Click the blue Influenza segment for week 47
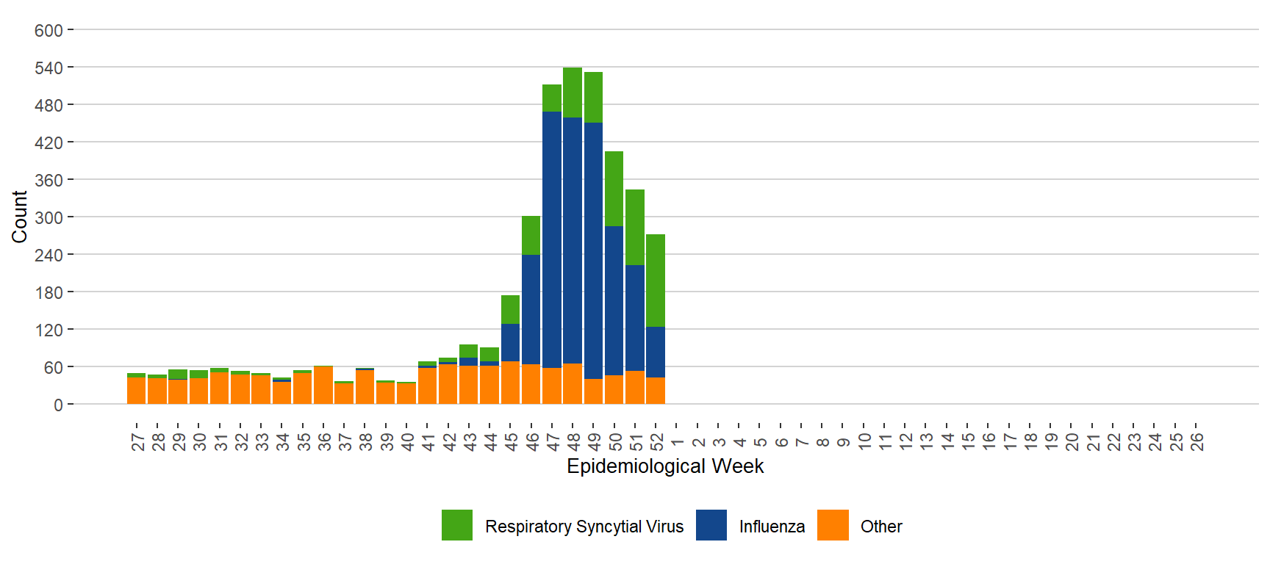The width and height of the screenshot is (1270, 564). click(x=552, y=239)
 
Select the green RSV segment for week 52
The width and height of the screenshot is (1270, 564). click(x=656, y=281)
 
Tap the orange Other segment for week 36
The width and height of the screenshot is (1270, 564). click(x=323, y=386)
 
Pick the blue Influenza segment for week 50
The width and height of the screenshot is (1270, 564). click(x=614, y=300)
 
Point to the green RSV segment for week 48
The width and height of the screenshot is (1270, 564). click(x=573, y=93)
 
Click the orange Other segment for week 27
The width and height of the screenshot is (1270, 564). click(x=136, y=391)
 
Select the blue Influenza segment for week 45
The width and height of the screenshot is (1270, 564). click(x=510, y=342)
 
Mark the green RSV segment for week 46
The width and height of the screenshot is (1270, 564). click(x=531, y=236)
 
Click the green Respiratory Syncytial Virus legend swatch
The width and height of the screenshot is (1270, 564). click(x=457, y=526)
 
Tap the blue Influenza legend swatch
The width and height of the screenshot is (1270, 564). click(x=711, y=526)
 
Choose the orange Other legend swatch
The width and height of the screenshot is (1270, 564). click(x=833, y=526)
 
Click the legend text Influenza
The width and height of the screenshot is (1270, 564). click(x=772, y=527)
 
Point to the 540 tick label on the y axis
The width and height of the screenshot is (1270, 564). click(x=49, y=68)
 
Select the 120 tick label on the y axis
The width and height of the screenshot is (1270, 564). click(x=49, y=330)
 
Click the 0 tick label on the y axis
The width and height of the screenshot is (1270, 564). click(x=58, y=405)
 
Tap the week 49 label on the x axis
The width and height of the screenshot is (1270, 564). click(x=595, y=441)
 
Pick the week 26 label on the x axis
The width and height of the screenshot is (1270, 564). click(x=1197, y=441)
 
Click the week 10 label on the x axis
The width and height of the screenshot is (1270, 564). click(x=864, y=441)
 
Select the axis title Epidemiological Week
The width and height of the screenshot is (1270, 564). click(x=665, y=466)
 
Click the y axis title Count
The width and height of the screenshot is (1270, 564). click(x=19, y=217)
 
